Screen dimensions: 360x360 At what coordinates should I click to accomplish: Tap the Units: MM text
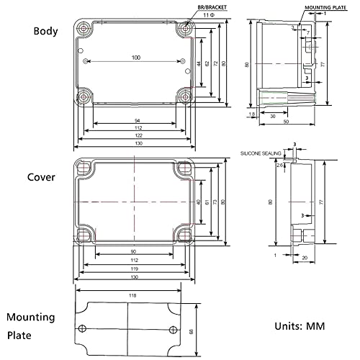tap(299, 325)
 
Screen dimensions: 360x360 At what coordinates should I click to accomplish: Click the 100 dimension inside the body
tap(135, 57)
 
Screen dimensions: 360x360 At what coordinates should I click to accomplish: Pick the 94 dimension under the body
tap(135, 120)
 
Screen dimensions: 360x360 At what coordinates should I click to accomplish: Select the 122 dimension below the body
tap(135, 135)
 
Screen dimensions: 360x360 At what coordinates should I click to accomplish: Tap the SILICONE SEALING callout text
tap(261, 153)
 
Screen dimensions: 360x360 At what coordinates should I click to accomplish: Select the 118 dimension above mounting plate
tap(132, 295)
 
